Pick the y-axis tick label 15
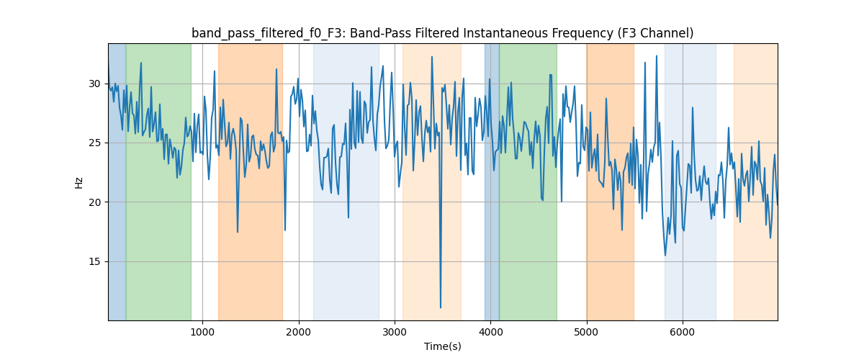[x=94, y=261]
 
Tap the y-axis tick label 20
[x=94, y=202]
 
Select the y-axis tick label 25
[x=94, y=143]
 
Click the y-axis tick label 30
[x=94, y=84]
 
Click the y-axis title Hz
[x=78, y=182]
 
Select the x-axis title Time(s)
[x=442, y=346]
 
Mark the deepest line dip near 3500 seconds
[x=441, y=307]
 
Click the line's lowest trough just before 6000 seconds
[x=665, y=255]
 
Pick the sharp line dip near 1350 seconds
[x=238, y=232]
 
